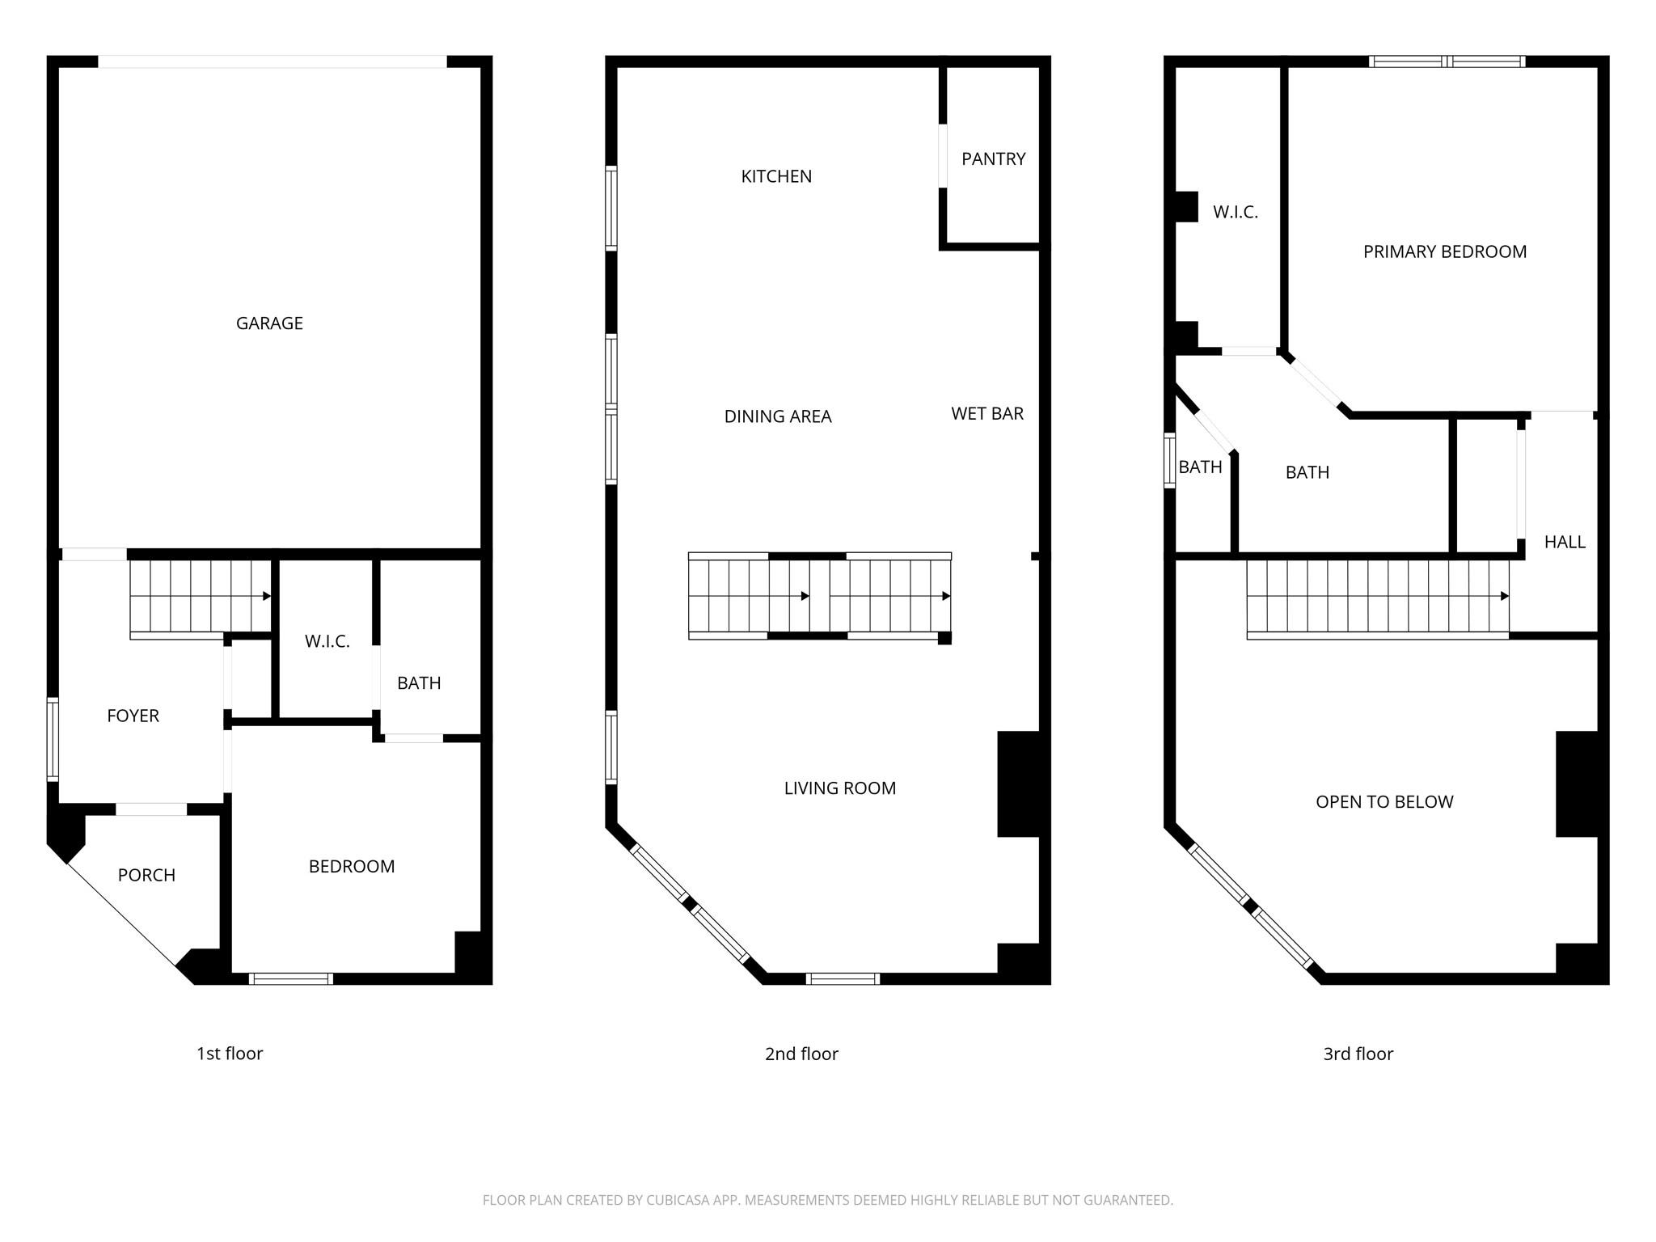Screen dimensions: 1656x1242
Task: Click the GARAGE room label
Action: [x=269, y=323]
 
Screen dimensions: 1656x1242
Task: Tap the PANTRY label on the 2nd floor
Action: [x=993, y=159]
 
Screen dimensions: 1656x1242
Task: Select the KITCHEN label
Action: [x=776, y=176]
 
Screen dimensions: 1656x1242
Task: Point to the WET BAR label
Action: [x=987, y=414]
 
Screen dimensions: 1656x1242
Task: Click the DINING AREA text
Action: [x=778, y=416]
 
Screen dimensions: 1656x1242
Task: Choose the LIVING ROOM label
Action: [x=840, y=788]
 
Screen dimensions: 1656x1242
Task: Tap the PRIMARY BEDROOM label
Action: [x=1445, y=252]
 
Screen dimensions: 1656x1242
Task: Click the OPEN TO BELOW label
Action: [x=1384, y=802]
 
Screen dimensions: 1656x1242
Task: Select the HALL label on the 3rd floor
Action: [x=1565, y=543]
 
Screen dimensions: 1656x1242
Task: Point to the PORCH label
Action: [x=146, y=876]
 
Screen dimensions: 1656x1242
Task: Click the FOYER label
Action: [x=133, y=716]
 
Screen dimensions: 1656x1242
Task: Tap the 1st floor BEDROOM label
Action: [x=352, y=867]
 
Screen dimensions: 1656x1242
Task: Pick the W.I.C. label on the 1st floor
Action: [x=327, y=642]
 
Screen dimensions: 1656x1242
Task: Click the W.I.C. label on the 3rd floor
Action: [x=1236, y=213]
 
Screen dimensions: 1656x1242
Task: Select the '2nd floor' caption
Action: [x=801, y=1054]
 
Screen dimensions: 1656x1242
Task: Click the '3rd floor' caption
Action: [x=1358, y=1054]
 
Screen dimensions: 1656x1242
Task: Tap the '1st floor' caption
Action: [x=230, y=1054]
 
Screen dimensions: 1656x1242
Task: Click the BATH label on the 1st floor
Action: [x=419, y=684]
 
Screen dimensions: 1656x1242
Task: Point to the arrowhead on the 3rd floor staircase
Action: [x=1504, y=597]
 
